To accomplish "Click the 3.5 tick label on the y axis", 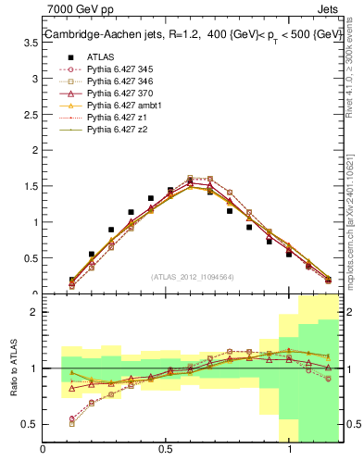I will (x=31, y=80).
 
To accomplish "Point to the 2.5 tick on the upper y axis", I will (x=31, y=151).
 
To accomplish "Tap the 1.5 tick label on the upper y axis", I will (x=31, y=222).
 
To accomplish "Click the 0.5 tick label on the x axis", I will (x=165, y=449).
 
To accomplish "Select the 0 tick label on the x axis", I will (x=43, y=449).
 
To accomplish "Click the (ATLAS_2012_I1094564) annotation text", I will (x=193, y=276).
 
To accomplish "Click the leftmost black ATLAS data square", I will (x=71, y=280).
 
